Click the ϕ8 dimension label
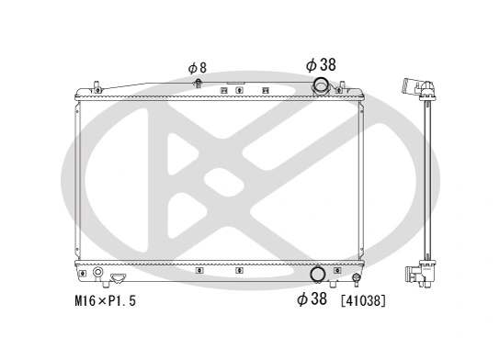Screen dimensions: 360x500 [197, 67]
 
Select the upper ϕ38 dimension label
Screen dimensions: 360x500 [322, 64]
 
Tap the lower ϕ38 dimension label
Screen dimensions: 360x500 [313, 299]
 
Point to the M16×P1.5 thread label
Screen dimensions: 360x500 [104, 300]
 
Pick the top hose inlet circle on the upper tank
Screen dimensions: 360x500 [322, 87]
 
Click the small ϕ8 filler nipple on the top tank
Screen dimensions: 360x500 [198, 84]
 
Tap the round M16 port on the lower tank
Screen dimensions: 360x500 [97, 274]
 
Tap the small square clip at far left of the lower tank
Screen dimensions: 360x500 [83, 273]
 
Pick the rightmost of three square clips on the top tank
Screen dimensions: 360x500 [265, 90]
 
